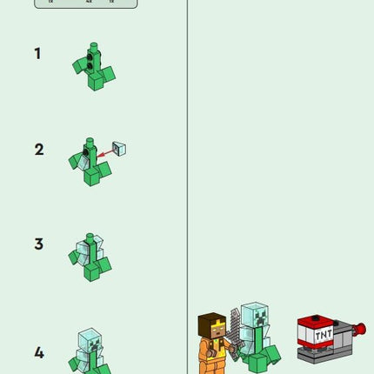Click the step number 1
(37, 54)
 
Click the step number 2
(38, 150)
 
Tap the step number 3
(38, 244)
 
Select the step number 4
(38, 353)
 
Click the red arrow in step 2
(107, 154)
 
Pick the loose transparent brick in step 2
(120, 149)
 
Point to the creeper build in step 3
(90, 256)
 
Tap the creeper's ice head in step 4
(90, 340)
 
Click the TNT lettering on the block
(324, 334)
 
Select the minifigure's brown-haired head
(211, 327)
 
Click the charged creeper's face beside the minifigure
(253, 317)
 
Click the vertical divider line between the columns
(188, 174)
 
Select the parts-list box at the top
(85, 3)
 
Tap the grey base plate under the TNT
(326, 353)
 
